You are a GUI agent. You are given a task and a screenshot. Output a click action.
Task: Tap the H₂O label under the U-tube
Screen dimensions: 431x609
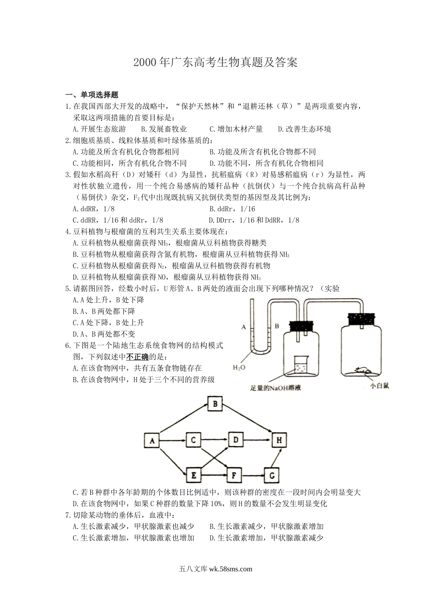click(239, 367)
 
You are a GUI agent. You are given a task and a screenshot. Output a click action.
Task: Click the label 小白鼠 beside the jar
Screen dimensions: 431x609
click(380, 385)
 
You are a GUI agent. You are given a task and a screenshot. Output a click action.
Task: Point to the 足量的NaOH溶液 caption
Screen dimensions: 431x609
click(275, 388)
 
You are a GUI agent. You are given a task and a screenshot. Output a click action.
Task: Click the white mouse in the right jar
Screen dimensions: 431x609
click(362, 370)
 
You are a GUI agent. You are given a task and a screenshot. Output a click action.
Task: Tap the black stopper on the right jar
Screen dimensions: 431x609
click(362, 319)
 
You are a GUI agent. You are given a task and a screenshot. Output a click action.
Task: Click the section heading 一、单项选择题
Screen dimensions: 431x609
click(92, 95)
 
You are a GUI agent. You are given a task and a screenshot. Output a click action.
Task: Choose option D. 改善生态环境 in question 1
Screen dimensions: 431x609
click(304, 129)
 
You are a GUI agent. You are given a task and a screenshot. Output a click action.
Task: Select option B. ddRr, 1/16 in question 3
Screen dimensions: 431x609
click(232, 209)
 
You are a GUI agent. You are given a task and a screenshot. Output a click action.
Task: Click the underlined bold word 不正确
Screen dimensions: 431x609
click(137, 357)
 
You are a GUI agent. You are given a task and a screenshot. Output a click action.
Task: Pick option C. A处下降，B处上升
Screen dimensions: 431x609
click(108, 323)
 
